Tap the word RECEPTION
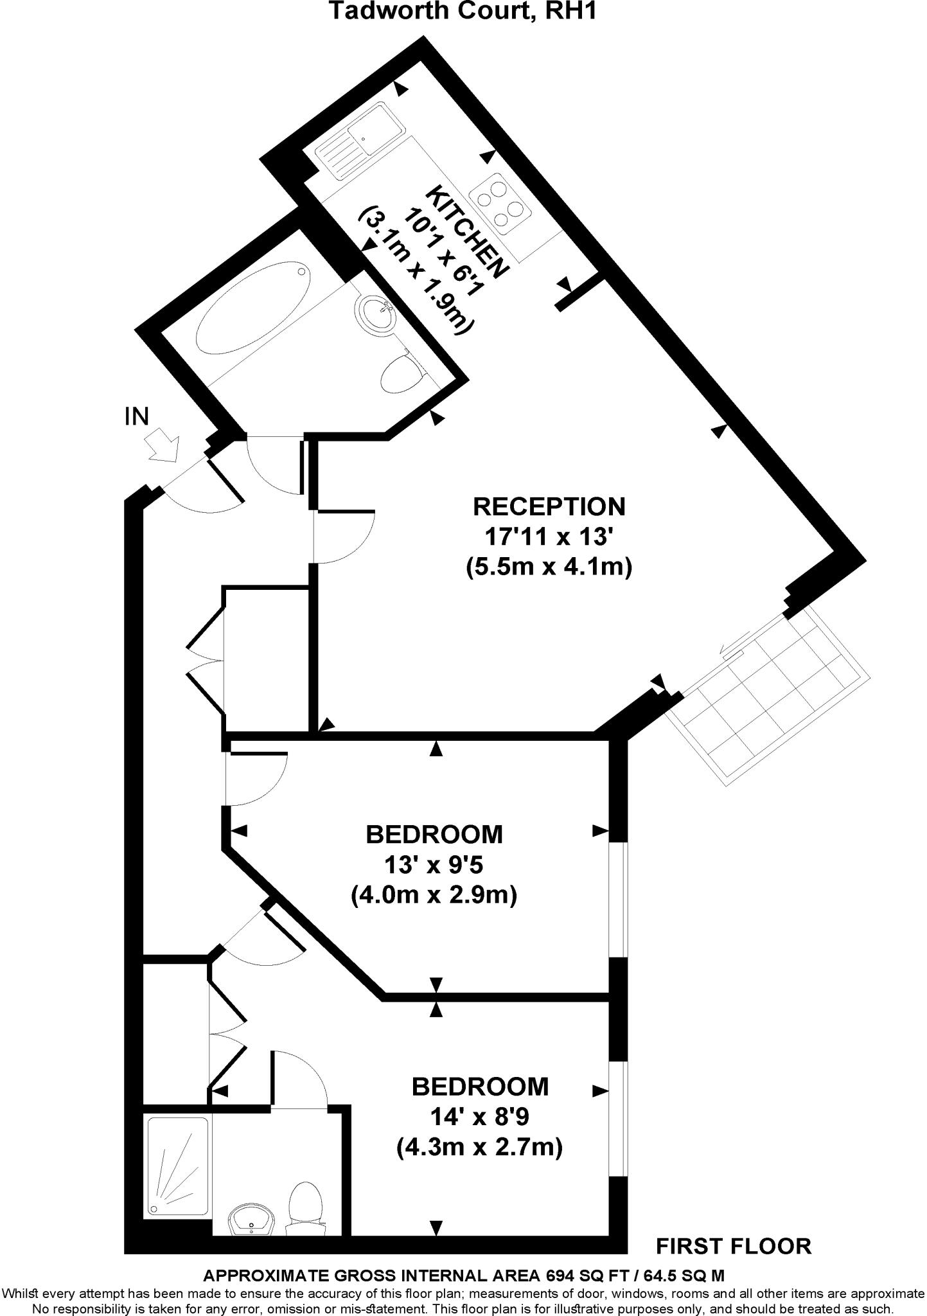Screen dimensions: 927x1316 pos(549,506)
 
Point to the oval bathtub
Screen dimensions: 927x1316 pos(254,308)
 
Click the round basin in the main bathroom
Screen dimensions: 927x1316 pos(374,313)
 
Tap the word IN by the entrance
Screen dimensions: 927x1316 pos(136,417)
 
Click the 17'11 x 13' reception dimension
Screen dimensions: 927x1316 pos(549,535)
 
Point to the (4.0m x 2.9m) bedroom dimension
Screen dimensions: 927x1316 pos(434,894)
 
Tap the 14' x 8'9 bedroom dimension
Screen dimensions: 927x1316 pos(480,1117)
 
